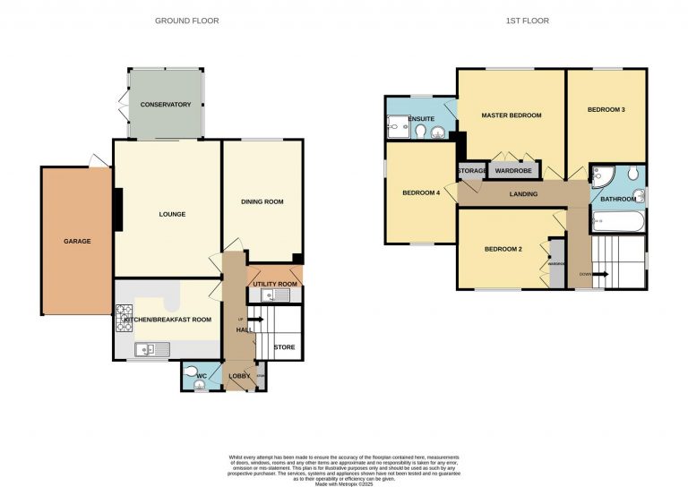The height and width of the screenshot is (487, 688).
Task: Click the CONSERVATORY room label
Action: coord(166,105)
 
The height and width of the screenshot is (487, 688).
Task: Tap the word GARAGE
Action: coord(77,241)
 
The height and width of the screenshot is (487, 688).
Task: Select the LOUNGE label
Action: coord(172,214)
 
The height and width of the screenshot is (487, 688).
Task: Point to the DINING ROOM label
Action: coord(262,202)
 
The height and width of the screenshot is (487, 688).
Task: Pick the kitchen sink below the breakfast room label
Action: coord(145,350)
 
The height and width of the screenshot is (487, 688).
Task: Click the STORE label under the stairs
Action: coord(284,348)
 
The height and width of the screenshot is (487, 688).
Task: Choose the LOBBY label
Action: coord(239,376)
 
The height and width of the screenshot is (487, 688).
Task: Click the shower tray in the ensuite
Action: coord(394,131)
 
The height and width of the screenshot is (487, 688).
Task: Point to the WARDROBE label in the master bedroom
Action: coord(513,170)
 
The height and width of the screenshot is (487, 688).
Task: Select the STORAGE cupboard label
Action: coord(472,170)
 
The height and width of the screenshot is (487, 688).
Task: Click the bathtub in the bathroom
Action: coord(616,220)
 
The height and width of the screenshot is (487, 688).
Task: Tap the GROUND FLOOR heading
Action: coord(186,21)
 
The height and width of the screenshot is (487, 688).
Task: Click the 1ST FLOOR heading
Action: coord(534,21)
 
